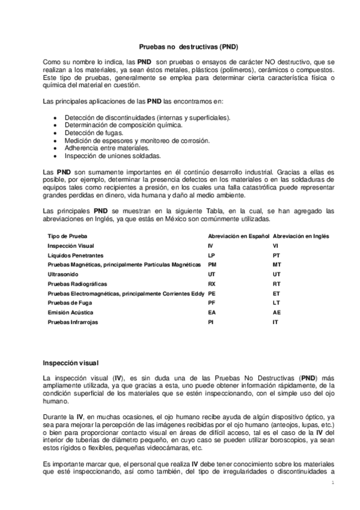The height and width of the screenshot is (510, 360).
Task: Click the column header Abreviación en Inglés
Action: (301, 236)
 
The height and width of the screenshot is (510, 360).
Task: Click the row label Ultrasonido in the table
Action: (63, 275)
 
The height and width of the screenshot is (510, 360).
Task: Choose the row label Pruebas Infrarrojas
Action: (73, 322)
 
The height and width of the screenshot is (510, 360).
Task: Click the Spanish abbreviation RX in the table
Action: (211, 284)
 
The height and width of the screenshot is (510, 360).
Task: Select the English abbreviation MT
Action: (276, 265)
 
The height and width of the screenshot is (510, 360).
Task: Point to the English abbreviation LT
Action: (276, 303)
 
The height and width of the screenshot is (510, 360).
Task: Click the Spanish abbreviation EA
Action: (211, 313)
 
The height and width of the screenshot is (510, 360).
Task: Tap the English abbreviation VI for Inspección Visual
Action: (275, 246)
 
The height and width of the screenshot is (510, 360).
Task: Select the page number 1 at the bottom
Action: (332, 483)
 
